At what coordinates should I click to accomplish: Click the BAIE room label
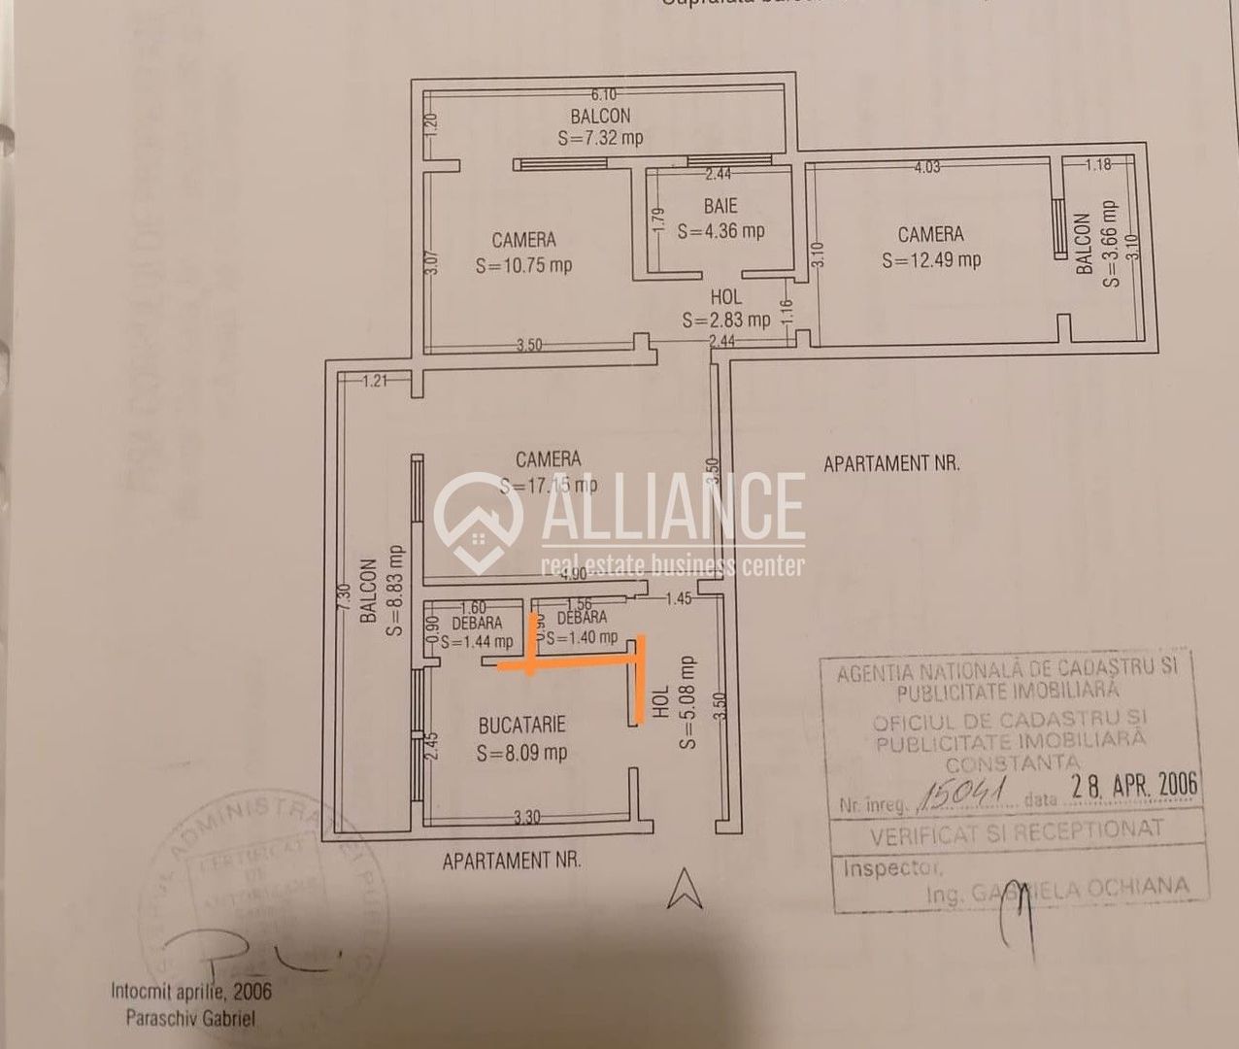tap(720, 206)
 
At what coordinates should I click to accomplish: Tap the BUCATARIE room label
tap(521, 726)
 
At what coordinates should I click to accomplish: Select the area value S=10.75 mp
tap(523, 265)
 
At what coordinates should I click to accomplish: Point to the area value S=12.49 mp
tap(931, 259)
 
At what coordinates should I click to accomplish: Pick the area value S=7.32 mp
tap(600, 138)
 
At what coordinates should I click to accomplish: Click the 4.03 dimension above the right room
tap(926, 167)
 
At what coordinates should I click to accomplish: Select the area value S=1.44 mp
tap(477, 642)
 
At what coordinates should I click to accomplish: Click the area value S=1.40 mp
tap(582, 637)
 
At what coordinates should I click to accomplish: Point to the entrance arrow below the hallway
tap(685, 888)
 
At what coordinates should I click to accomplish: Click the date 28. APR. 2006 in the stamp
tap(1134, 785)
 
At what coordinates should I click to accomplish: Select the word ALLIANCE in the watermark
tap(672, 506)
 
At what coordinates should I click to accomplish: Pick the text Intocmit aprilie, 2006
tap(191, 993)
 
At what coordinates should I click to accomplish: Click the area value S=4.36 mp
tap(720, 231)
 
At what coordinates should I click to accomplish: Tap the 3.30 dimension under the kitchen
tap(526, 817)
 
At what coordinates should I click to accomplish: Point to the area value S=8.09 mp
tap(521, 753)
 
